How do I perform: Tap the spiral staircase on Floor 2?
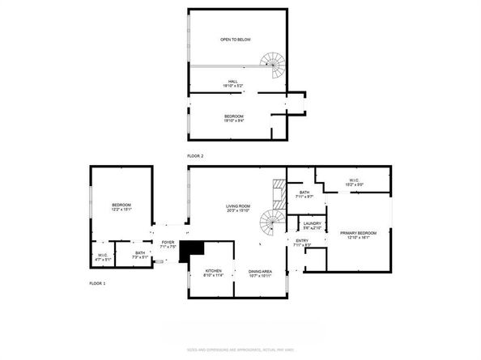pyautogui.click(x=274, y=63)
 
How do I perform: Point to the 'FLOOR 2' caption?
pyautogui.click(x=194, y=154)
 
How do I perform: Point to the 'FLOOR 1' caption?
pyautogui.click(x=97, y=284)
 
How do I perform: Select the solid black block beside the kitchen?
pyautogui.click(x=192, y=252)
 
